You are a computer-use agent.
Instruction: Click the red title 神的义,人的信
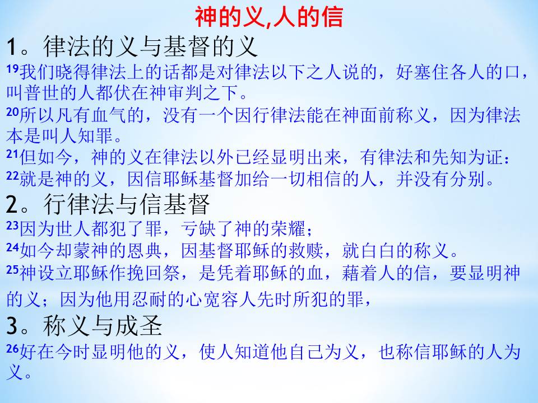pyautogui.click(x=269, y=17)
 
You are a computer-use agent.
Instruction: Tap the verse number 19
pyautogui.click(x=12, y=69)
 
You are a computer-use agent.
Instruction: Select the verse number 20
pyautogui.click(x=12, y=112)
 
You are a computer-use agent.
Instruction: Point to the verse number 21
pyautogui.click(x=12, y=154)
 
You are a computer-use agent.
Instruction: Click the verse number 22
pyautogui.click(x=12, y=176)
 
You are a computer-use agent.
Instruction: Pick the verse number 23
pyautogui.click(x=12, y=226)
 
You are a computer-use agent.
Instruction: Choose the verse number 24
pyautogui.click(x=12, y=247)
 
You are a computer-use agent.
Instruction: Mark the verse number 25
pyautogui.click(x=12, y=270)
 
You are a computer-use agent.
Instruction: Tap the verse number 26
pyautogui.click(x=12, y=349)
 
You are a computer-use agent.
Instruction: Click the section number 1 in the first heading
pyautogui.click(x=12, y=47)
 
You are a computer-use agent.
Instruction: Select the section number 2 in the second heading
pyautogui.click(x=12, y=204)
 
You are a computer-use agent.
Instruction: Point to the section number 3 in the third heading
pyautogui.click(x=12, y=326)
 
